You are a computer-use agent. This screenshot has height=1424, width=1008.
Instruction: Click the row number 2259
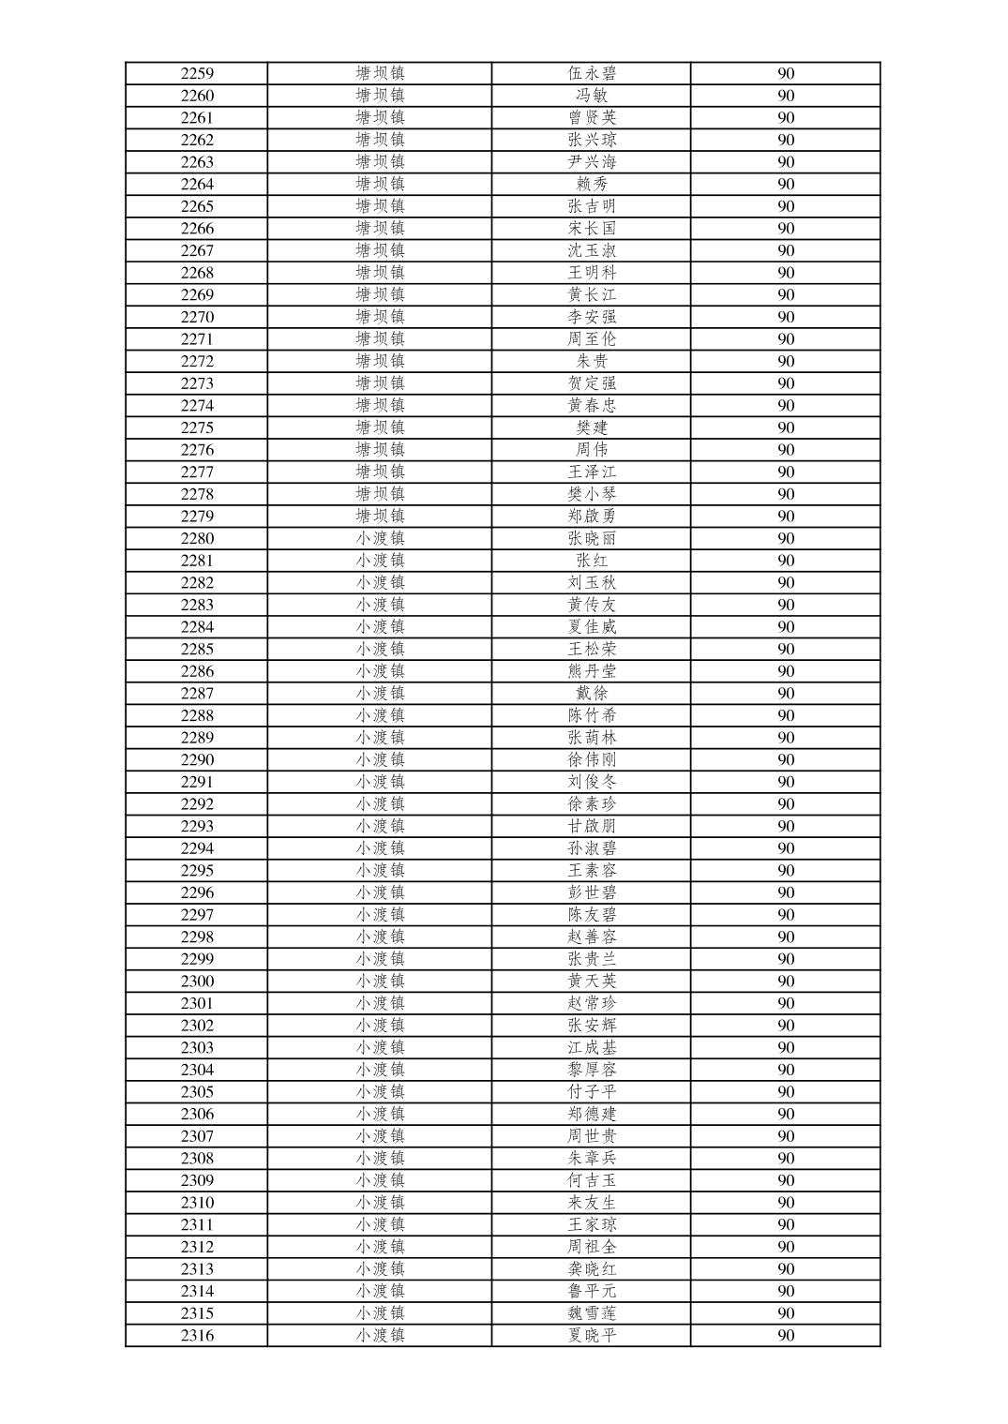[x=197, y=73]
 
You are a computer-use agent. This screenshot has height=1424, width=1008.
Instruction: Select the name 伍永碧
[x=592, y=73]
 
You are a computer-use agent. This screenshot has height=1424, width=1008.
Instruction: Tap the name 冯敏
[x=592, y=96]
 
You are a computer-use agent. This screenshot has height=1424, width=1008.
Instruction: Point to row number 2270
[x=197, y=317]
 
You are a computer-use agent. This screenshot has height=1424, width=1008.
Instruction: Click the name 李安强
[x=592, y=317]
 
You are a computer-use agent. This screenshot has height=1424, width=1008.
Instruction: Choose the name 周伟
[x=592, y=450]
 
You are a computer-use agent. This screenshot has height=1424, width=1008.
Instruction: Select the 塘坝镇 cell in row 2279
[x=380, y=517]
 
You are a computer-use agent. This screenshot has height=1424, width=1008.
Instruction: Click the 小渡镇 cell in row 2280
[x=380, y=538]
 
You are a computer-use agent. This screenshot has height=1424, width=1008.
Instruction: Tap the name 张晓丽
[x=592, y=538]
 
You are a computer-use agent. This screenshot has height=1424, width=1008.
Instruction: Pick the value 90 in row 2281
[x=786, y=561]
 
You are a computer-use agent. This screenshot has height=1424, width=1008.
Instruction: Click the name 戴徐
[x=592, y=694]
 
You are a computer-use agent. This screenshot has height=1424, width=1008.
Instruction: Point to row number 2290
[x=197, y=759]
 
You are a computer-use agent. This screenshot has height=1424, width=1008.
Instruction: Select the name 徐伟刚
[x=592, y=759]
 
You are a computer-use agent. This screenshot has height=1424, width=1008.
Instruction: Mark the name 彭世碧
[x=592, y=892]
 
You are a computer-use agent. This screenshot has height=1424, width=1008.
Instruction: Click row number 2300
[x=197, y=982]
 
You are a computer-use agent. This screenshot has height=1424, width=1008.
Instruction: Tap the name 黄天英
[x=592, y=982]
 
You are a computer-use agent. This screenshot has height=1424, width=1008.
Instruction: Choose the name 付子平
[x=592, y=1092]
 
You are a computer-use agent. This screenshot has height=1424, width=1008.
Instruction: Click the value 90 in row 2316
[x=786, y=1336]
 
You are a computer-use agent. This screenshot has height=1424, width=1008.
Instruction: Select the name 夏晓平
[x=592, y=1336]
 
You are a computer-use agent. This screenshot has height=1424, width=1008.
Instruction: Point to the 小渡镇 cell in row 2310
[x=380, y=1203]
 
